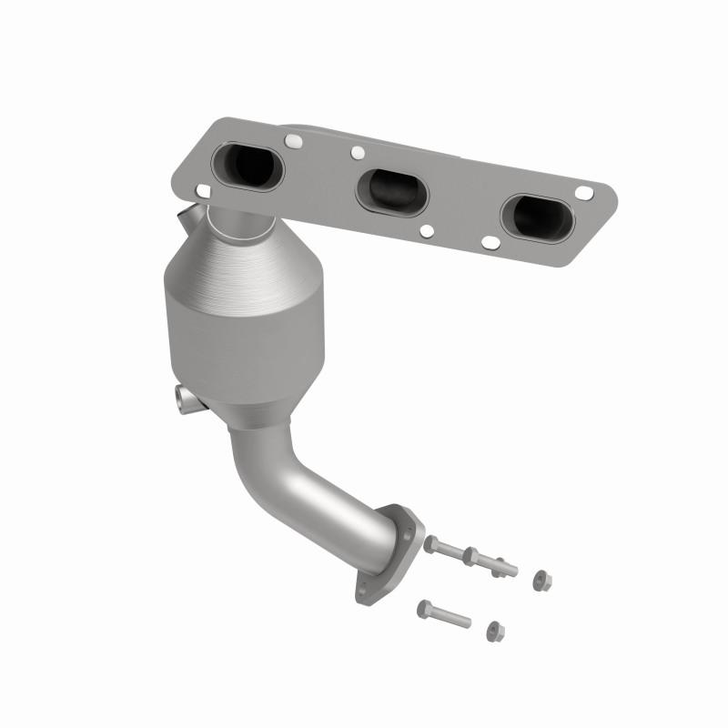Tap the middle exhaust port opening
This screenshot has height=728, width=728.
coord(390,187)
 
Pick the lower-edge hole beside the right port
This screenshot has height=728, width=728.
coord(489,242)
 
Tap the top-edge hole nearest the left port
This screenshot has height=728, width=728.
coord(292,142)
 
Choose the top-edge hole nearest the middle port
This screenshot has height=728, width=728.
coord(358,153)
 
